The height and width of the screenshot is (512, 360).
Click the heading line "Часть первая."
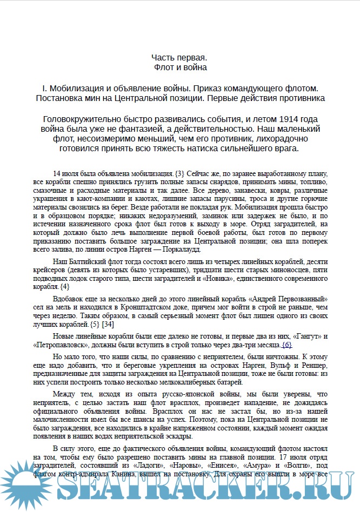(179, 57)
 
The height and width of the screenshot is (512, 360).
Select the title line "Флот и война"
(179, 68)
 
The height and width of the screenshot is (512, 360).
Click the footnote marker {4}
(64, 286)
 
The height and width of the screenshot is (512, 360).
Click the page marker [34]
(108, 324)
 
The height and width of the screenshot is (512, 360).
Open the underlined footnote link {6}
(287, 345)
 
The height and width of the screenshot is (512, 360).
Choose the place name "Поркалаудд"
(165, 249)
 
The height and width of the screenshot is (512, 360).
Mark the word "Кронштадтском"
(142, 307)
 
